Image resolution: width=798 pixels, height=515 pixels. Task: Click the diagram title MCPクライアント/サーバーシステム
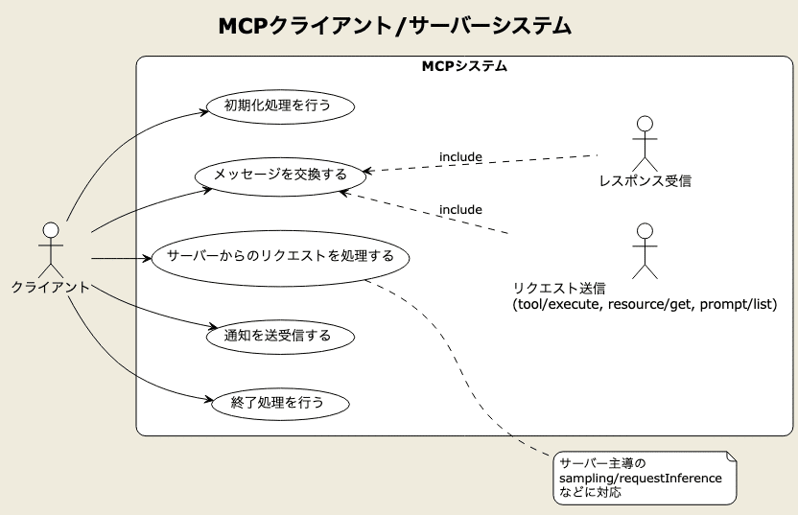click(x=395, y=25)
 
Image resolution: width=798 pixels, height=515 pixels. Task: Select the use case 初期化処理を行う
click(x=276, y=105)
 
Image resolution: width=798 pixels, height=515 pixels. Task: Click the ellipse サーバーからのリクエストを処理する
click(x=280, y=257)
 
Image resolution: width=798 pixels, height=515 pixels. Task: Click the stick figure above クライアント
click(x=51, y=248)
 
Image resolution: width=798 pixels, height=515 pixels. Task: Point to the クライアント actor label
click(x=51, y=286)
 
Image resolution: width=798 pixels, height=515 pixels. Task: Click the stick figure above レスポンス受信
click(x=645, y=142)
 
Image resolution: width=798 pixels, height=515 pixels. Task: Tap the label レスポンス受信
click(x=645, y=179)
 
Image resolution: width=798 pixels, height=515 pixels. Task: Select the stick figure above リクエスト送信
click(x=645, y=249)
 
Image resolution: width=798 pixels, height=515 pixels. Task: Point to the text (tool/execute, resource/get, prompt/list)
click(x=645, y=304)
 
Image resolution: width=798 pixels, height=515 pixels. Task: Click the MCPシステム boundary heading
click(x=464, y=67)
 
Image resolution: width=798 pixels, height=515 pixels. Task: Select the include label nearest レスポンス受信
click(x=460, y=156)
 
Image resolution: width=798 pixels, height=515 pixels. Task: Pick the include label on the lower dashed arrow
click(x=460, y=209)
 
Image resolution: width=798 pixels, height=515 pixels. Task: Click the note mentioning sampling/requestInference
click(x=645, y=477)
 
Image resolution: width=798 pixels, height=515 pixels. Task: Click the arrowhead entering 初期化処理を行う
click(x=205, y=111)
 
